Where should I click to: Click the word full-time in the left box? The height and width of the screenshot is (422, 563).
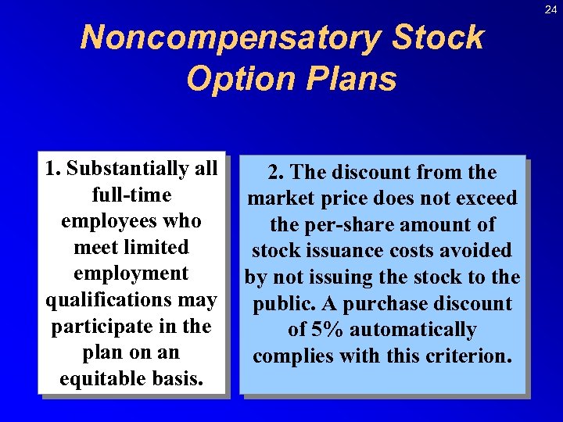pyautogui.click(x=131, y=195)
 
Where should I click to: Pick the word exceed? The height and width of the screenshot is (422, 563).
pyautogui.click(x=486, y=198)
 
